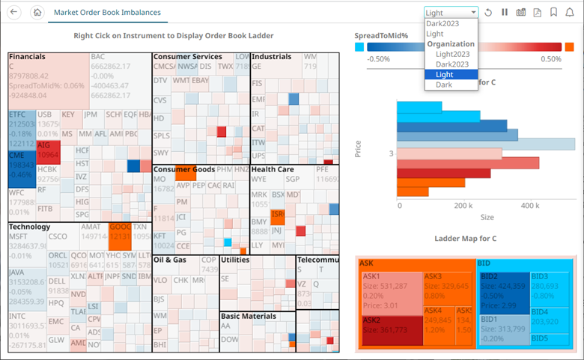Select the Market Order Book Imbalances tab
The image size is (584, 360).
[x=107, y=13]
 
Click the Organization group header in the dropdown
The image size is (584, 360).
[x=451, y=44]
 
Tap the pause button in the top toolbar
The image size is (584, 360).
[x=504, y=13]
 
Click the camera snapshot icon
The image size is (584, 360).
[x=520, y=13]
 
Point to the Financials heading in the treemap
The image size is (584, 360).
[x=28, y=57]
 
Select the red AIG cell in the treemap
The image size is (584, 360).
[x=48, y=150]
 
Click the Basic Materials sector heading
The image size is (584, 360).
[x=249, y=316]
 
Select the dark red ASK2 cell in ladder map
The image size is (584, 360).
[x=389, y=329]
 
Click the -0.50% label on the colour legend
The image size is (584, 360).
[x=379, y=59]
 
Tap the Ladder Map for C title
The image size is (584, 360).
[x=466, y=239]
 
